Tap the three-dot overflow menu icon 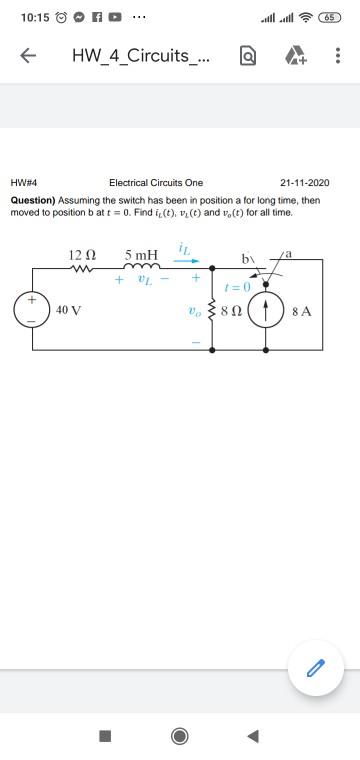(x=338, y=57)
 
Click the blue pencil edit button (x=315, y=668)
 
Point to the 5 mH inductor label (x=141, y=255)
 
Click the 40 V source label (x=69, y=310)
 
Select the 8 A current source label (x=304, y=310)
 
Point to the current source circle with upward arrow (x=267, y=310)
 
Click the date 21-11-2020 (x=304, y=183)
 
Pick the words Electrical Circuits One (x=156, y=183)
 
